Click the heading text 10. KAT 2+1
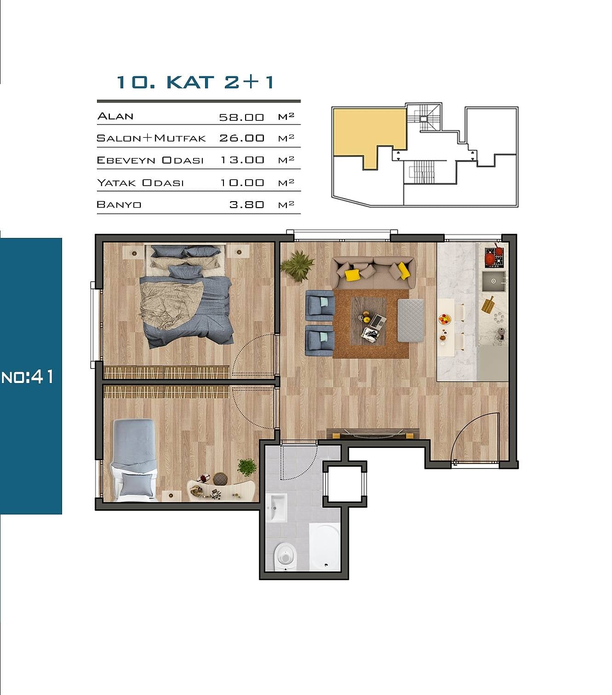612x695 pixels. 195,82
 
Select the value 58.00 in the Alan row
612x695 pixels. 241,117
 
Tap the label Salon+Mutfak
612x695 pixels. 151,138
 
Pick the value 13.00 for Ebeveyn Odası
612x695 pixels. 242,160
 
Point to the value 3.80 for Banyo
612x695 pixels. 246,205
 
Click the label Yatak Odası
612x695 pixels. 140,183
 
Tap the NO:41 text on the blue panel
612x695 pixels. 28,377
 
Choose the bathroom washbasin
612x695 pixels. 278,507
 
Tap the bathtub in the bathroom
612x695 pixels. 325,547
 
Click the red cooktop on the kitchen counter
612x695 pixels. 494,257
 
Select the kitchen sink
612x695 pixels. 493,281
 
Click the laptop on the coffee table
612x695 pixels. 378,321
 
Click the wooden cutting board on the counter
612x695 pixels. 488,305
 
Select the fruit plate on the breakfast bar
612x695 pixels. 445,319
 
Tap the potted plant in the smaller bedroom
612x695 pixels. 247,467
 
